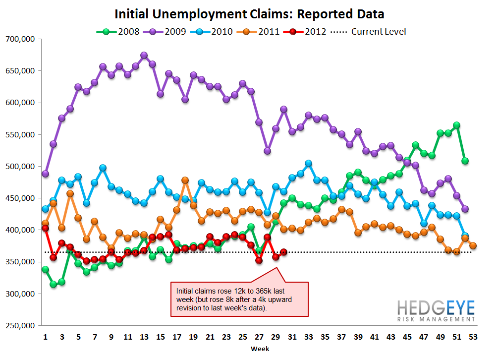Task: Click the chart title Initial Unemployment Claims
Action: pos(249,13)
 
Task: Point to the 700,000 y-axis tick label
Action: pos(19,39)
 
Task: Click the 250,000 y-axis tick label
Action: pos(19,326)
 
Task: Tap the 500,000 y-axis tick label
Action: pos(19,167)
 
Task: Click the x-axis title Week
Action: pos(260,349)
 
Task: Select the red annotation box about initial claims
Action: pos(239,299)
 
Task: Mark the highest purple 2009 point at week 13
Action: pos(144,56)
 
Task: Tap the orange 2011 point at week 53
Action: pos(473,245)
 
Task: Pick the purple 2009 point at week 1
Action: pos(45,174)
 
